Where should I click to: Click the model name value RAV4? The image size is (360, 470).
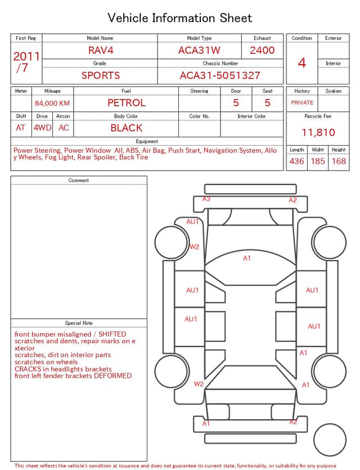(x=101, y=50)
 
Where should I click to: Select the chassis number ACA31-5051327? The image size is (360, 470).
(x=220, y=75)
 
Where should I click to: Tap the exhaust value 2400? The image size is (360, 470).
(x=262, y=50)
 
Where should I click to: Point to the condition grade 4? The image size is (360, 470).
(x=302, y=63)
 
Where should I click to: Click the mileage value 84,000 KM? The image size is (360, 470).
(x=52, y=103)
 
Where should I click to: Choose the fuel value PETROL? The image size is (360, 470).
(x=127, y=103)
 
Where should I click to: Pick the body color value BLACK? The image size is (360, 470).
(x=127, y=128)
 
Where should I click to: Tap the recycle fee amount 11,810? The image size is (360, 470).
(x=318, y=132)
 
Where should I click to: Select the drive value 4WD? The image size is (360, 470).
(x=42, y=128)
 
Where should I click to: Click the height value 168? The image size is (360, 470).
(x=339, y=161)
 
